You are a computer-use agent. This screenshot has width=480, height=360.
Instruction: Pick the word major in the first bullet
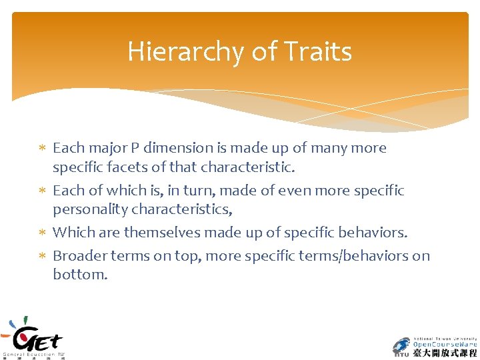tap(105, 148)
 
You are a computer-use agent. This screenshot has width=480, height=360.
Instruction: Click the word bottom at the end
tap(79, 274)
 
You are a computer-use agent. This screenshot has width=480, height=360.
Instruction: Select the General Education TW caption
tap(33, 354)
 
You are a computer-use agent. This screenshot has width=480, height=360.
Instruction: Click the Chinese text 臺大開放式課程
tap(445, 353)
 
